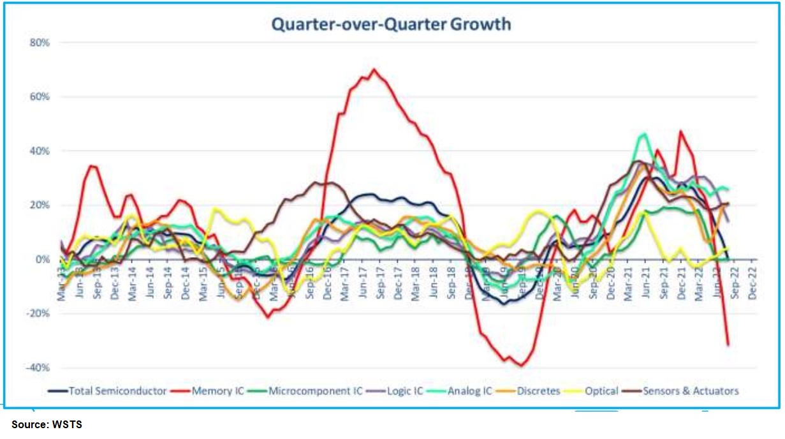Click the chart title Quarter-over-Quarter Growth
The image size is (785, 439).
tap(391, 24)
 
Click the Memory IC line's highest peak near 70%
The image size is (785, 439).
tap(374, 70)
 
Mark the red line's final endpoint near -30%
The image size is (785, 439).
tap(728, 345)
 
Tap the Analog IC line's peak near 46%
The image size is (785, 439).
tap(643, 134)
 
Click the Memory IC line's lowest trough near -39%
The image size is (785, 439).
tap(522, 366)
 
